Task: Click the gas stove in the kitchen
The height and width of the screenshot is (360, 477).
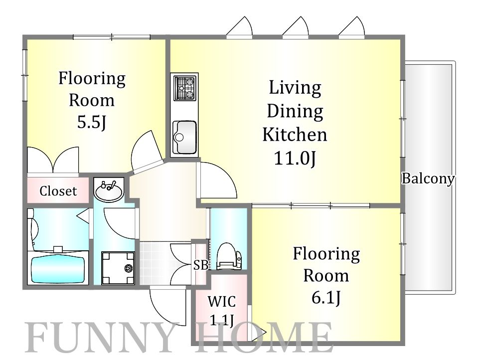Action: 184,88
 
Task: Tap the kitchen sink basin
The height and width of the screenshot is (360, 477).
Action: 184,137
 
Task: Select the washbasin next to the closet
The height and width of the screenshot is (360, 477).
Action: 109,190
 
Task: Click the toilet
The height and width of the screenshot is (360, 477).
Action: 229,256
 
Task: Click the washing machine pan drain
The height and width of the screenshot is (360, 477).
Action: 129,268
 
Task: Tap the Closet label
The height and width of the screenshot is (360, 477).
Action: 58,191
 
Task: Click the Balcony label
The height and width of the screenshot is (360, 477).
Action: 428,179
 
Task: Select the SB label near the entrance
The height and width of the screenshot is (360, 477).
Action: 201,265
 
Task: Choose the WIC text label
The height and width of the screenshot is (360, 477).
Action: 221,302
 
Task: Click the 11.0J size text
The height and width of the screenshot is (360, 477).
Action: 295,158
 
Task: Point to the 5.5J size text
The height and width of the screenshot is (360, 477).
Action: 91,122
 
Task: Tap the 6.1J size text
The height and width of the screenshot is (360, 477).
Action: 326,297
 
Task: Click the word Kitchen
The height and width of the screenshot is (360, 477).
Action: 295,135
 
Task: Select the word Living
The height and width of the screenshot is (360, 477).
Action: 295,88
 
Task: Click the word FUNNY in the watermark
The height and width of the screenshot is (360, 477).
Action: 100,337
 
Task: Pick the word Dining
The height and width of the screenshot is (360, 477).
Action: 295,111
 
